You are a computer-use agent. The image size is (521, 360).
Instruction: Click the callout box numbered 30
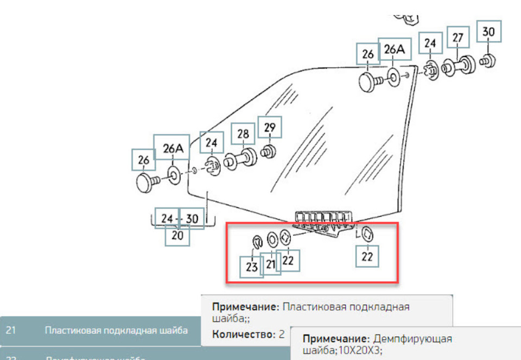point(488,33)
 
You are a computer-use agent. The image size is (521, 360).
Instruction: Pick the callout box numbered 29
point(270,128)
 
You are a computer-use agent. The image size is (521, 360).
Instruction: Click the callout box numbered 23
point(252,267)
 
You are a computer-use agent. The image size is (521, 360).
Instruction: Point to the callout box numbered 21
point(271,263)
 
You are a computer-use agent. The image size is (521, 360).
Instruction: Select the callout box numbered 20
point(177,236)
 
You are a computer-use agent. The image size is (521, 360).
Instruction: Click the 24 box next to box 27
point(430,43)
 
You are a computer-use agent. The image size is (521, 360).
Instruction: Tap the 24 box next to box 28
point(212,144)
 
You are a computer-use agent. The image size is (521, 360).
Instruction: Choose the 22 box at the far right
point(367,256)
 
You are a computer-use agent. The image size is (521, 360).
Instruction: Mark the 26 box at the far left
point(144,161)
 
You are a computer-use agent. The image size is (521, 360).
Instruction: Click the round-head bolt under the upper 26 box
point(370,83)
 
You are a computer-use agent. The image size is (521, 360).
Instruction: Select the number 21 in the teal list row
point(11,330)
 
